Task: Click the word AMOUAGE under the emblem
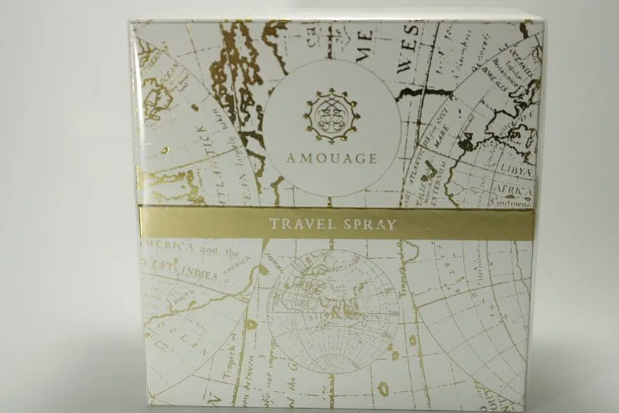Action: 334,160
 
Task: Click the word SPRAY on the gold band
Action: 369,225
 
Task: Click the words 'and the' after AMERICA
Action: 221,252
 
